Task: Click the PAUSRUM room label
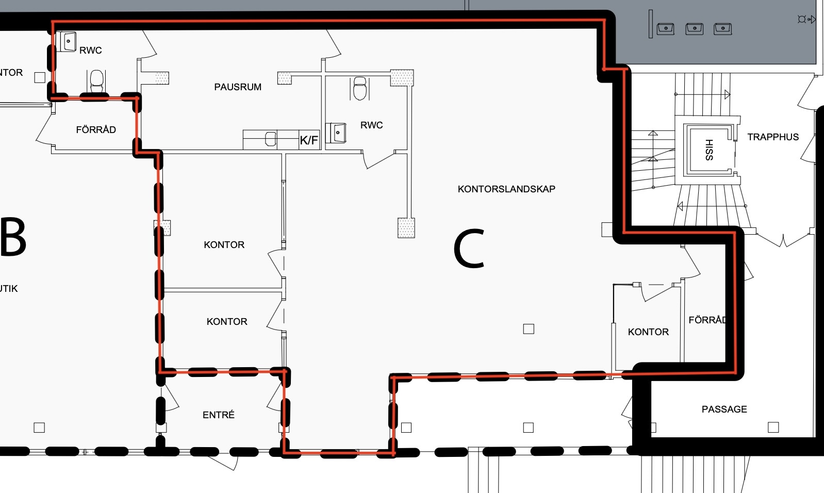(238, 87)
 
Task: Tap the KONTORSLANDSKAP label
(506, 189)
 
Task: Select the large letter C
(469, 249)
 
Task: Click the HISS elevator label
(709, 150)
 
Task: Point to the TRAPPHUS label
(773, 137)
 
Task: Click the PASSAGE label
(724, 409)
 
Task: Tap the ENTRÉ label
(219, 415)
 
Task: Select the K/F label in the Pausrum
(309, 140)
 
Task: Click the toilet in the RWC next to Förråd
(97, 81)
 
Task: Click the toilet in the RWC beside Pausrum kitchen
(360, 88)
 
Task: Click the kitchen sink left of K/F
(271, 139)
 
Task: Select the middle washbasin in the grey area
(695, 29)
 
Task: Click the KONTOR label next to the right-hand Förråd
(648, 332)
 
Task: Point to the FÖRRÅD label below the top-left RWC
(96, 129)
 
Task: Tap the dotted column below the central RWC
(406, 228)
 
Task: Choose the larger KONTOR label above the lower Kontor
(224, 245)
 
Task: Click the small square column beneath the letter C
(529, 329)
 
